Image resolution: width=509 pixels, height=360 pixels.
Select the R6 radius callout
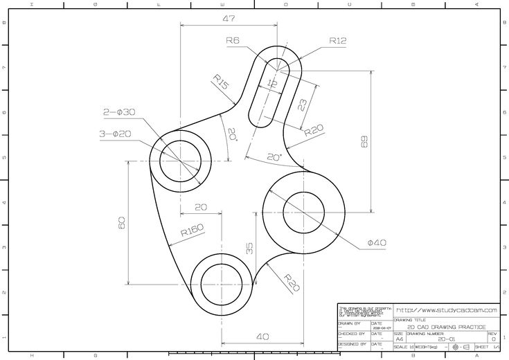coord(233,42)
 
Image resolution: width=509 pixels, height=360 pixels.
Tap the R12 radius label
coord(337,41)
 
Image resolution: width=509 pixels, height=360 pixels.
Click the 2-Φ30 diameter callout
coord(119,111)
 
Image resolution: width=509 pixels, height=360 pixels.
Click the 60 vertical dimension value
coord(122,222)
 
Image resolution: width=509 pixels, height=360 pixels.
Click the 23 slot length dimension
coord(303,105)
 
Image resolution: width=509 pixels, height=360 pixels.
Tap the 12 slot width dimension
coord(271,84)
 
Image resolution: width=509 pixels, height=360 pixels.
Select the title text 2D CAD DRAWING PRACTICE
coord(447,327)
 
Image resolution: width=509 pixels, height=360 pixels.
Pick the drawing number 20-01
coord(447,339)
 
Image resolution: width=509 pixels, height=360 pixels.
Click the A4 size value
coord(399,339)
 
